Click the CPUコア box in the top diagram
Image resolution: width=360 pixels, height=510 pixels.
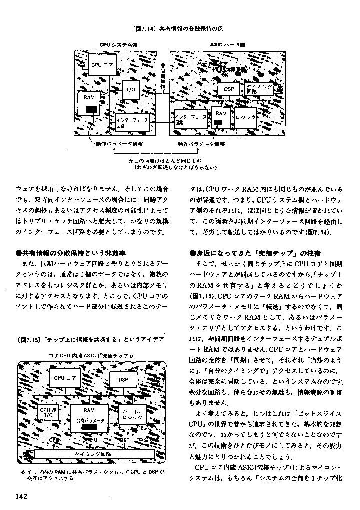102,65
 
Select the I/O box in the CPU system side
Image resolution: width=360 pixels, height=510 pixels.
131,89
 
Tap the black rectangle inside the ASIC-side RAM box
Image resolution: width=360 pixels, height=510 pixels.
218,122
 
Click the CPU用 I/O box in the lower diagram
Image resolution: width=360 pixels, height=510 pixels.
49,413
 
